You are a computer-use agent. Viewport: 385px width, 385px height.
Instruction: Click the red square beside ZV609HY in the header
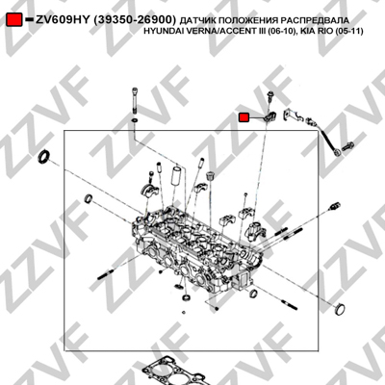pos(14,19)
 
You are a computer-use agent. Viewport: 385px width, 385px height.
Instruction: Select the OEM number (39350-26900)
pos(135,20)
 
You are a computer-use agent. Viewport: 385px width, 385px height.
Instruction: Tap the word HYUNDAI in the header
pos(160,32)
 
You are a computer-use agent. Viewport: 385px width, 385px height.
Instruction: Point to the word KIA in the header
pos(307,32)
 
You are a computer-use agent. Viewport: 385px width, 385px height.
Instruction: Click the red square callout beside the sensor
pos(244,117)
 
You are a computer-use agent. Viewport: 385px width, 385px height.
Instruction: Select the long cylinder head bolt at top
pos(134,100)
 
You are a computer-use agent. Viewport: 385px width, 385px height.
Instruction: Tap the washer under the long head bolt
pos(135,120)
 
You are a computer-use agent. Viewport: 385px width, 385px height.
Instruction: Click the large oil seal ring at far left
pos(44,156)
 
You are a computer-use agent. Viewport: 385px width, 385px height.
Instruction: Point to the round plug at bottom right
pos(340,309)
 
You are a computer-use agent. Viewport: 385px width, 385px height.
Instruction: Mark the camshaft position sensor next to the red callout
pos(269,116)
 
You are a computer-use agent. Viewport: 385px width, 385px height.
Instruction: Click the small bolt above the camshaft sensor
pos(269,97)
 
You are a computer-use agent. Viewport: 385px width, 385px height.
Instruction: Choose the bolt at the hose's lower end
pos(347,147)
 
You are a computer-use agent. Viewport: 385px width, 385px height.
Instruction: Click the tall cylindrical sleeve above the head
pos(176,176)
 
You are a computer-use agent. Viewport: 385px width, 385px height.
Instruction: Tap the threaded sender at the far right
pos(334,206)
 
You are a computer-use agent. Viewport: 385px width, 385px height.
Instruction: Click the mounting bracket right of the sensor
pos(293,115)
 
